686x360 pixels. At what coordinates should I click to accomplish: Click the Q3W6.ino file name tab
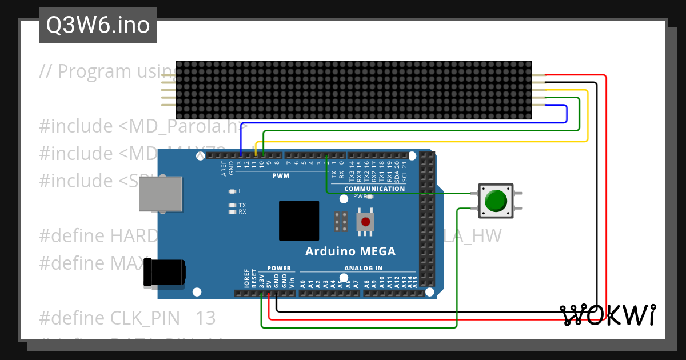click(x=98, y=25)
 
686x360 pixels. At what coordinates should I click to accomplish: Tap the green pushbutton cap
click(x=495, y=201)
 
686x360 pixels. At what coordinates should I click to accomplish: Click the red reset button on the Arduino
click(x=365, y=222)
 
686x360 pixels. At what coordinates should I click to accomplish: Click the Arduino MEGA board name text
click(x=350, y=251)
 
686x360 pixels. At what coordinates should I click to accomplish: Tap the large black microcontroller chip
click(x=299, y=221)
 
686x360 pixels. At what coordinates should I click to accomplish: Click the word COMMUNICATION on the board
click(x=374, y=189)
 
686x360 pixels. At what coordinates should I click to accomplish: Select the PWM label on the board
click(x=281, y=176)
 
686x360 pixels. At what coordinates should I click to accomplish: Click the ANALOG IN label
click(x=363, y=268)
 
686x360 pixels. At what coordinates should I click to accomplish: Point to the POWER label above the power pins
click(x=279, y=268)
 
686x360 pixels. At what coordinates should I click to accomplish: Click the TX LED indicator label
click(x=242, y=205)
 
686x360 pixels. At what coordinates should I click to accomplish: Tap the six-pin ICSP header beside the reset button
click(x=342, y=222)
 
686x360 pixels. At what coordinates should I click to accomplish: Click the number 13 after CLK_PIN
click(x=206, y=318)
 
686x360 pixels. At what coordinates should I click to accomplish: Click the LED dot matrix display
click(x=353, y=90)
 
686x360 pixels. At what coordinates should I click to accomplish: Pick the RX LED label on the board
click(x=242, y=212)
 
